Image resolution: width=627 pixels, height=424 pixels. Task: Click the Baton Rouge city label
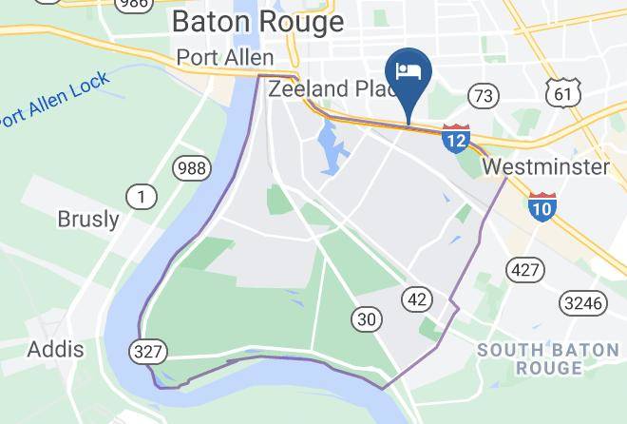pyautogui.click(x=257, y=22)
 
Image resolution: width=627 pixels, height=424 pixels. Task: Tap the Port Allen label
pyautogui.click(x=225, y=58)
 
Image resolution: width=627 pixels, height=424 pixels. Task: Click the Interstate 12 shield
pyautogui.click(x=456, y=139)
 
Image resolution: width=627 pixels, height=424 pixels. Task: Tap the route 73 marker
pyautogui.click(x=484, y=95)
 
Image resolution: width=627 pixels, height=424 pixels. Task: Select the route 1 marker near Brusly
pyautogui.click(x=142, y=197)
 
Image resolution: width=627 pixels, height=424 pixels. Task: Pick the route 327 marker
pyautogui.click(x=148, y=351)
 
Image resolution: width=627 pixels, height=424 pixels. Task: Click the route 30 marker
pyautogui.click(x=367, y=318)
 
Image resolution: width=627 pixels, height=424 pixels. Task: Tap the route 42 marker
pyautogui.click(x=417, y=298)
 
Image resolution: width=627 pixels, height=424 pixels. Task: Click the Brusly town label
pyautogui.click(x=88, y=220)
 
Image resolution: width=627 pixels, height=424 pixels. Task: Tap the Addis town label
pyautogui.click(x=55, y=349)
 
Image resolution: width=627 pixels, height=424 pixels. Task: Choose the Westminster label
pyautogui.click(x=545, y=167)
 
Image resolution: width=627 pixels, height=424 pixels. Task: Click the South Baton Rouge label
pyautogui.click(x=548, y=358)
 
